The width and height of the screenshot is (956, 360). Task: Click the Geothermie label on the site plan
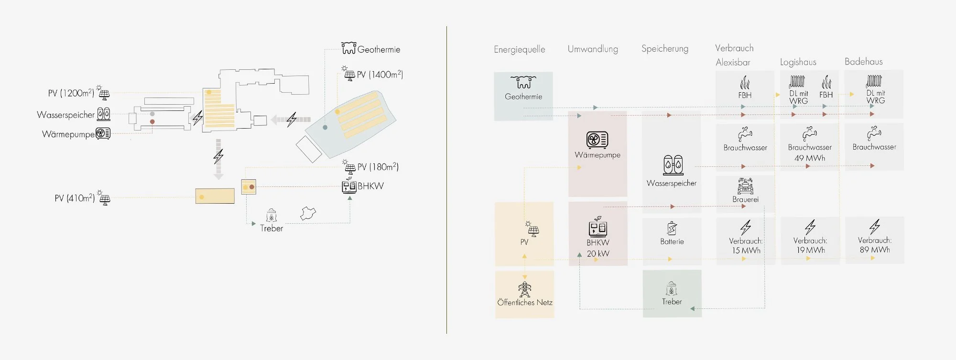(379, 50)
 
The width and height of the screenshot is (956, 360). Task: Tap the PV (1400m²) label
(380, 75)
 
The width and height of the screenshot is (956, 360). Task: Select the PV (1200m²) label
(71, 93)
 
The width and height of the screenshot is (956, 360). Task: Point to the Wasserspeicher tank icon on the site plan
(104, 114)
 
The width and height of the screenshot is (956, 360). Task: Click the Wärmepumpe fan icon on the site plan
(103, 133)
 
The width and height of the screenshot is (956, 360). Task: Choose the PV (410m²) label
(75, 198)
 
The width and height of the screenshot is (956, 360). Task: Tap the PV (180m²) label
(378, 167)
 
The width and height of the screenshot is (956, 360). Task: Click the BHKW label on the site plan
(370, 186)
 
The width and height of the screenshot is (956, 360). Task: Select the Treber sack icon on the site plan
(272, 216)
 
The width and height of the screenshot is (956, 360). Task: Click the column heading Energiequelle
(519, 49)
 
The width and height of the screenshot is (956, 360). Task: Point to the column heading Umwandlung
(593, 49)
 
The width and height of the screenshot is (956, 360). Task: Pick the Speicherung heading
(665, 48)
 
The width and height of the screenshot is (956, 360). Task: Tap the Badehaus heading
(863, 61)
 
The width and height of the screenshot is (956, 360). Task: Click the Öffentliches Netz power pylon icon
(524, 289)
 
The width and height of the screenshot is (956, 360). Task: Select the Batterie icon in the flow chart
(672, 228)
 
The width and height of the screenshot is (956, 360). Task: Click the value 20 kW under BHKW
(598, 253)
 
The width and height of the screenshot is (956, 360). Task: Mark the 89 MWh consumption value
(875, 250)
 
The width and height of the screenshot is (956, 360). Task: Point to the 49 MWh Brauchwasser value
(810, 158)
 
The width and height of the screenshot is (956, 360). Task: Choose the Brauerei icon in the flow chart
(745, 186)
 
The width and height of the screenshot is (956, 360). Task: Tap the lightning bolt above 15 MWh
(746, 227)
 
